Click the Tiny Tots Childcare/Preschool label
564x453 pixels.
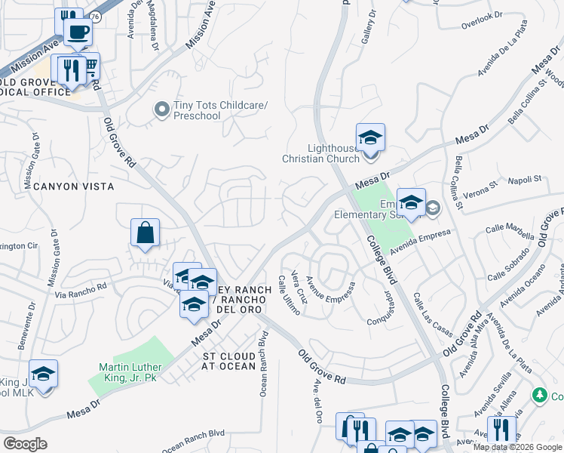click(x=197, y=110)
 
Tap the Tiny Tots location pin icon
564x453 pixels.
click(x=161, y=110)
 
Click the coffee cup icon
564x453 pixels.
click(x=78, y=32)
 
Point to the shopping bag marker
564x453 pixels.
click(x=144, y=233)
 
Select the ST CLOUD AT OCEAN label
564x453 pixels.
click(x=228, y=361)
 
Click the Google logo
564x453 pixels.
click(x=26, y=444)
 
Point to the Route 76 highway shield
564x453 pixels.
click(x=95, y=16)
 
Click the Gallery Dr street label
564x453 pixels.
click(x=369, y=27)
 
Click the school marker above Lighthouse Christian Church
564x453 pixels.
click(x=370, y=137)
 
